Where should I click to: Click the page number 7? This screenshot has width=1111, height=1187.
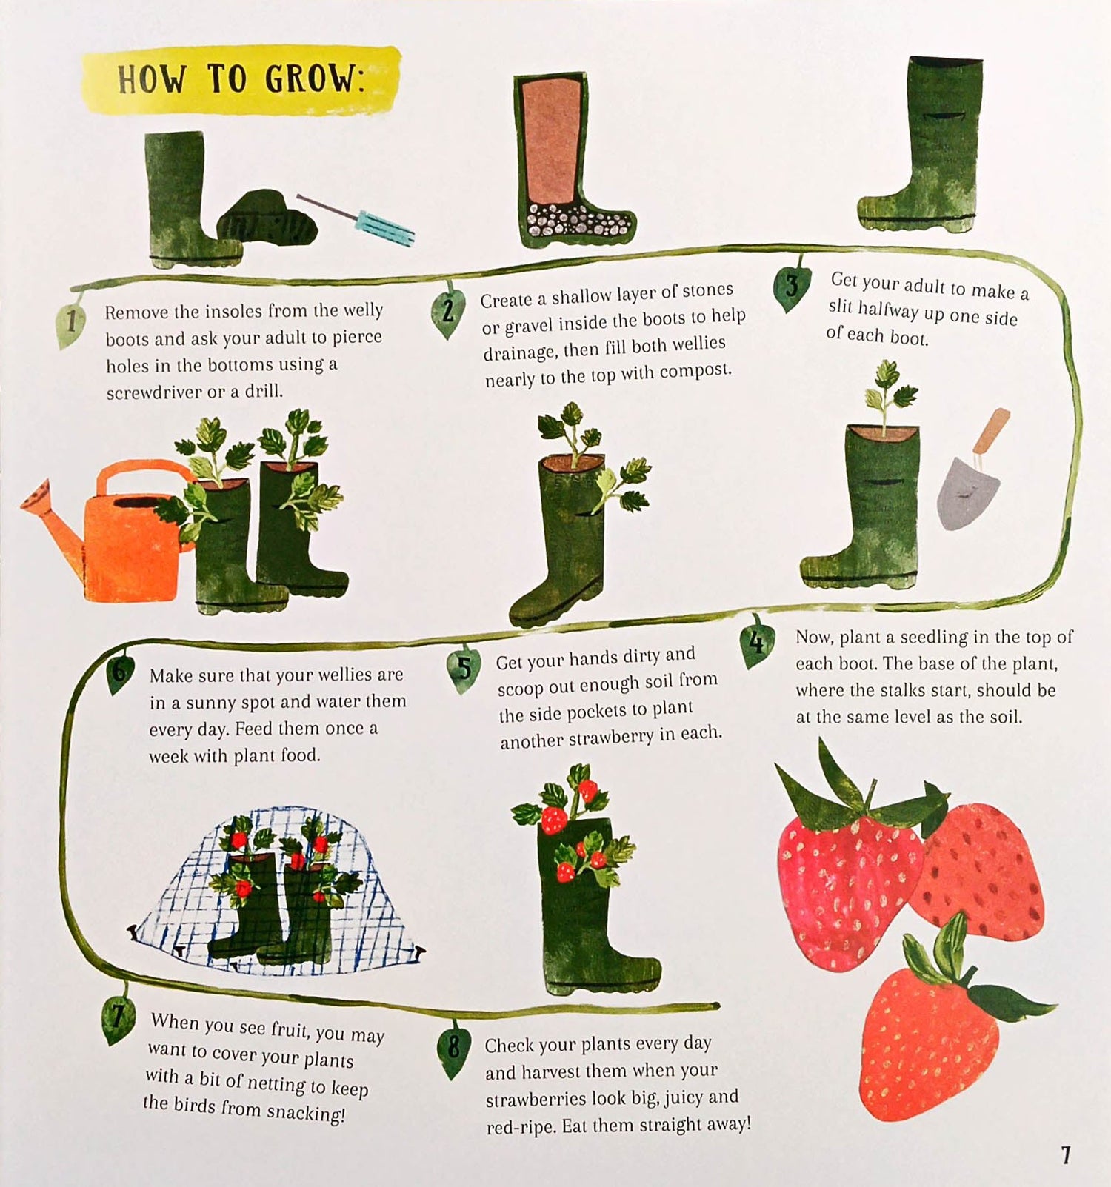click(1065, 1155)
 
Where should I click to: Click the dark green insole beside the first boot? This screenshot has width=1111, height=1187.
click(267, 218)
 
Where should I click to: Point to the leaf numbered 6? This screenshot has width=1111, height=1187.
click(120, 672)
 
